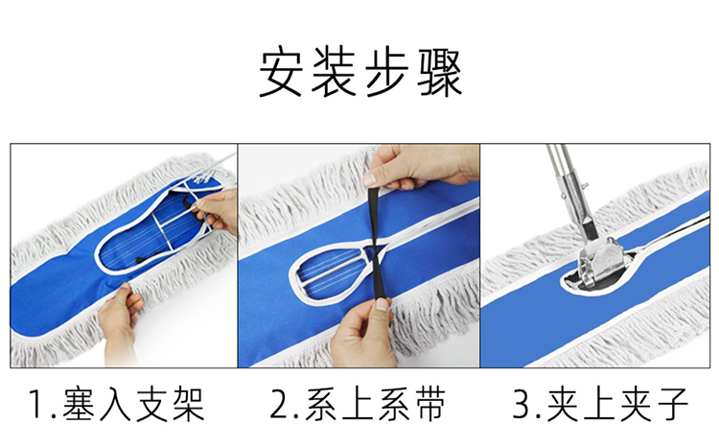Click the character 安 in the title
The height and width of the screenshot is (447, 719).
[x=280, y=73]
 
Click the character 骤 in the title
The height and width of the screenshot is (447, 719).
[x=440, y=73]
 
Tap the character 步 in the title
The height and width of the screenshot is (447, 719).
[x=386, y=73]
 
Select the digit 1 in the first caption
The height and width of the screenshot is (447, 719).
[x=37, y=404]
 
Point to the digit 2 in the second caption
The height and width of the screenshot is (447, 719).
[x=280, y=404]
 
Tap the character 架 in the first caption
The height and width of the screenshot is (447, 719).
[x=188, y=405]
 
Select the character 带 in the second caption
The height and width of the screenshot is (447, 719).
[x=429, y=405]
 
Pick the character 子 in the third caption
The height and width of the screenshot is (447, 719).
[x=671, y=405]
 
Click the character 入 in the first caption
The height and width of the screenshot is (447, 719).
[x=116, y=405]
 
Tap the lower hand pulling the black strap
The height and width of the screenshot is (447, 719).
[x=363, y=330]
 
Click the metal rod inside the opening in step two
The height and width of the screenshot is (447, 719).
[x=331, y=272]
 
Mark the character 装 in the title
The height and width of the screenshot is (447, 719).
[x=334, y=73]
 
